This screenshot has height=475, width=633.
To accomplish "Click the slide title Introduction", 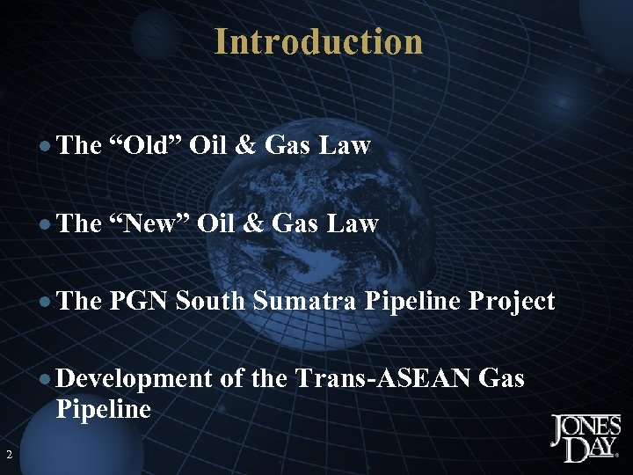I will (318, 41).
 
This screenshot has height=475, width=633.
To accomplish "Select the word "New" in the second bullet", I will (149, 223).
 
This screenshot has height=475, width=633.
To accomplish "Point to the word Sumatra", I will (303, 302).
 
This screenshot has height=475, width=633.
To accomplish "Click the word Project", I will (512, 302).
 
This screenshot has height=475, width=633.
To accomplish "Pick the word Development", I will (134, 379).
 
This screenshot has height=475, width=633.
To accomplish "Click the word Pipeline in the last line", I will (103, 409).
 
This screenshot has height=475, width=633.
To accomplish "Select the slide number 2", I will (8, 455).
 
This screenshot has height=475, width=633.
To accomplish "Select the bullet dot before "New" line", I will (46, 224).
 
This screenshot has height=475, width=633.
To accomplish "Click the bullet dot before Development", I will (46, 380).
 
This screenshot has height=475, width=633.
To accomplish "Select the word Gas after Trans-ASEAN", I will (502, 379).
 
